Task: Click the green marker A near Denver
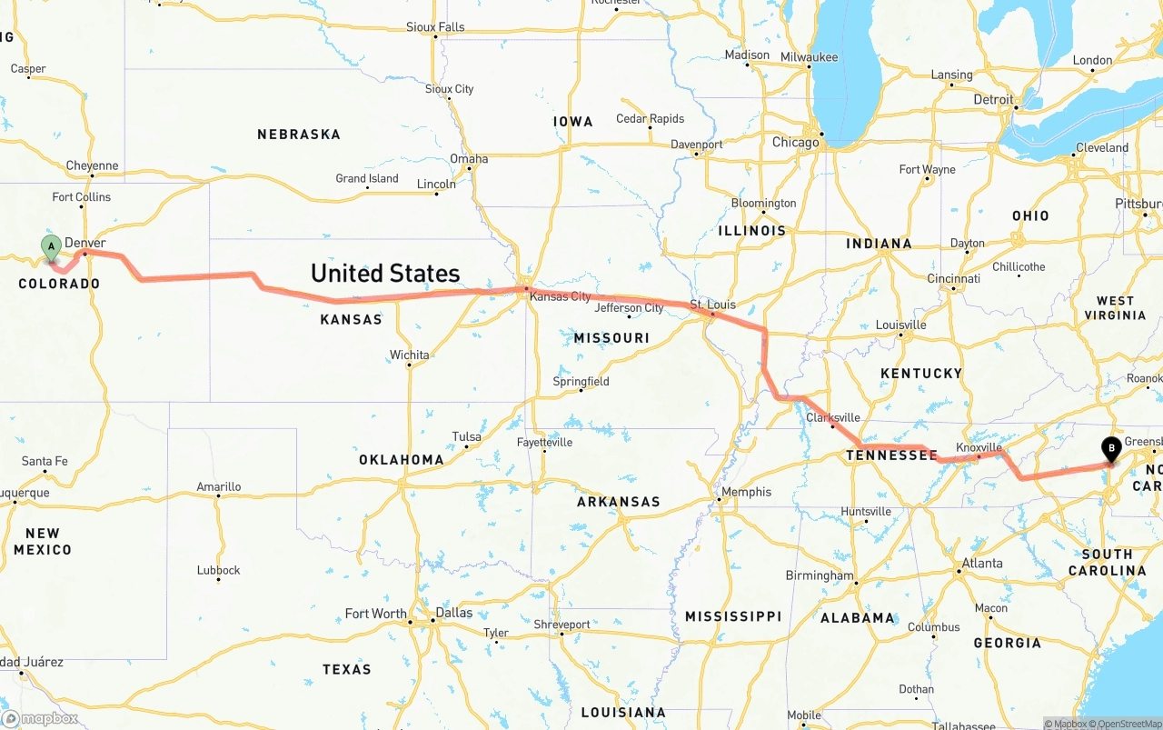point(51,245)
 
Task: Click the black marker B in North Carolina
point(1110,447)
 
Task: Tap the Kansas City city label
point(560,296)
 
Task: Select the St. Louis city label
point(712,304)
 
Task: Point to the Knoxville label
point(979,447)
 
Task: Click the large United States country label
point(385,273)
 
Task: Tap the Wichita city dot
point(409,365)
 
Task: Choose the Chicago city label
point(795,143)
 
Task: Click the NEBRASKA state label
point(298,135)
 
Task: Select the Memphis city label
point(746,492)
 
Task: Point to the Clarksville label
point(832,417)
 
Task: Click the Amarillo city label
point(219,486)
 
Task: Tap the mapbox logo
point(40,718)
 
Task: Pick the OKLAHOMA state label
point(401,460)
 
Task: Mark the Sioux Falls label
point(435,27)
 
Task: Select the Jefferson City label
point(629,308)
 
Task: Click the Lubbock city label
point(218,570)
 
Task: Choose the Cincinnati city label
point(953,278)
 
